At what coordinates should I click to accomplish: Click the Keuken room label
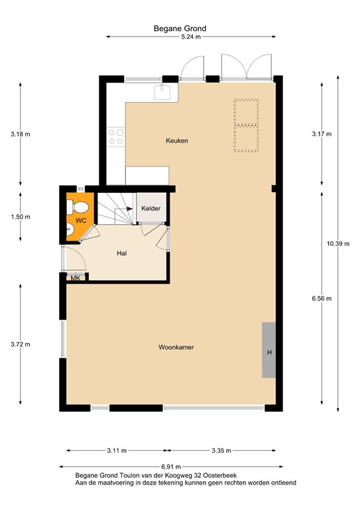(177, 141)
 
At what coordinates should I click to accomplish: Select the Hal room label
(121, 253)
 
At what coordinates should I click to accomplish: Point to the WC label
(81, 220)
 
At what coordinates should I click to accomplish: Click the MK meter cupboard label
(76, 278)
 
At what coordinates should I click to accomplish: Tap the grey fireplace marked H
(269, 350)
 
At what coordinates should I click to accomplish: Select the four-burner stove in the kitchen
(116, 136)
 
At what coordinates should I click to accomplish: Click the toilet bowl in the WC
(78, 205)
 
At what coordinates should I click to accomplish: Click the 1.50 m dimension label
(21, 217)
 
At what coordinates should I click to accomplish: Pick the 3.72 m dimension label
(21, 344)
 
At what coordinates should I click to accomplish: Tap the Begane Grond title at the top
(180, 28)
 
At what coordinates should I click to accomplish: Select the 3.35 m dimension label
(221, 451)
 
